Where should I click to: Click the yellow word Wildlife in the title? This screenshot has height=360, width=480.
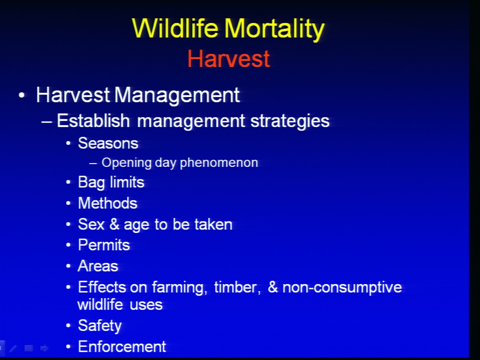pyautogui.click(x=175, y=28)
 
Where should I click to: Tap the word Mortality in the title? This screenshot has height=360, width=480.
pyautogui.click(x=274, y=29)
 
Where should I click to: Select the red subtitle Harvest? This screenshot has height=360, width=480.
pyautogui.click(x=228, y=58)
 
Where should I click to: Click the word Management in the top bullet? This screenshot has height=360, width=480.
pyautogui.click(x=177, y=95)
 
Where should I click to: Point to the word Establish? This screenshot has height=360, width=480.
pyautogui.click(x=93, y=120)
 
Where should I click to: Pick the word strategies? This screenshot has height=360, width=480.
pyautogui.click(x=290, y=121)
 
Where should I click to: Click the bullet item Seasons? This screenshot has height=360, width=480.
pyautogui.click(x=108, y=143)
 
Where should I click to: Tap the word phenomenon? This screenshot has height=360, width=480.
pyautogui.click(x=219, y=163)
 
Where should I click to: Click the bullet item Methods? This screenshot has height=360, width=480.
pyautogui.click(x=108, y=203)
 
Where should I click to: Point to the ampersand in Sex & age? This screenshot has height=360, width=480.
pyautogui.click(x=114, y=224)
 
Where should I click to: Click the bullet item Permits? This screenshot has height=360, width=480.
pyautogui.click(x=104, y=245)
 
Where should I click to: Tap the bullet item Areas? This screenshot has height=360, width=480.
pyautogui.click(x=98, y=266)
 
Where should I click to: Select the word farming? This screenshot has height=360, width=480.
pyautogui.click(x=179, y=288)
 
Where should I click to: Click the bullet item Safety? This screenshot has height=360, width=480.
pyautogui.click(x=100, y=325)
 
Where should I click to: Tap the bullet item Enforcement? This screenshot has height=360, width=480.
pyautogui.click(x=122, y=347)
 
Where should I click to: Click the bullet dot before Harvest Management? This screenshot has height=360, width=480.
pyautogui.click(x=21, y=95)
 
